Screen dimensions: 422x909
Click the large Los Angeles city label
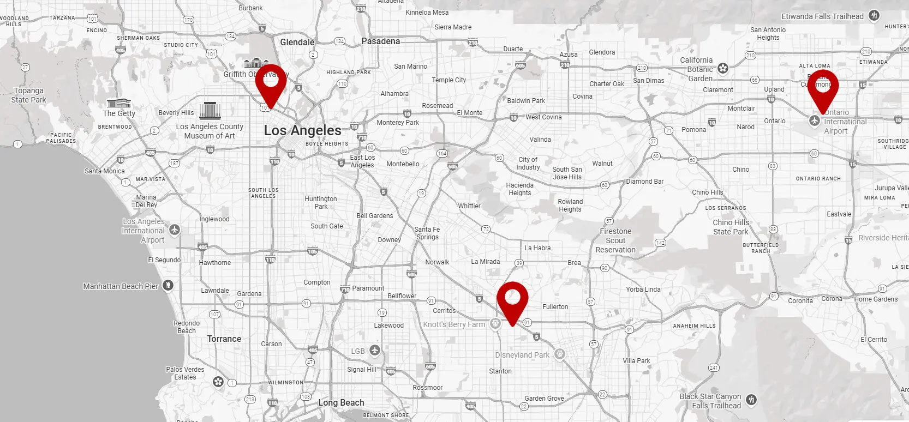click(x=302, y=130)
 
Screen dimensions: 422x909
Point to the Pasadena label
click(x=380, y=41)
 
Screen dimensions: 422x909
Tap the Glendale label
click(x=297, y=42)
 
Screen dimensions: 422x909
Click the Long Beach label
click(x=341, y=403)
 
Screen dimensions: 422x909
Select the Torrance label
click(x=224, y=339)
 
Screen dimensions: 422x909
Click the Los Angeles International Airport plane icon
click(x=175, y=230)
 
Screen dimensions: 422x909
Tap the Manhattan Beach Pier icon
click(x=168, y=285)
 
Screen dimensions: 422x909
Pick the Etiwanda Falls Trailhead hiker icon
click(x=874, y=16)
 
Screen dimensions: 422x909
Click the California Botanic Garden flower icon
click(x=723, y=69)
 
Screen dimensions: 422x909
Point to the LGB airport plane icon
click(x=374, y=350)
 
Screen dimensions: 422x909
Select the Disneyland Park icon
click(x=559, y=354)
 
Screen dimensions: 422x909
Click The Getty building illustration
click(x=118, y=103)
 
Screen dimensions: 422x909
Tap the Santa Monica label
click(x=104, y=171)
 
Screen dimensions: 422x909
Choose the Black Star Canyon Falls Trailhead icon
click(x=751, y=400)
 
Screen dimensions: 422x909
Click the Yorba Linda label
click(x=643, y=290)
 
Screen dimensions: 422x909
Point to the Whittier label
click(x=469, y=206)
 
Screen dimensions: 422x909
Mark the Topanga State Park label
click(x=28, y=95)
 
